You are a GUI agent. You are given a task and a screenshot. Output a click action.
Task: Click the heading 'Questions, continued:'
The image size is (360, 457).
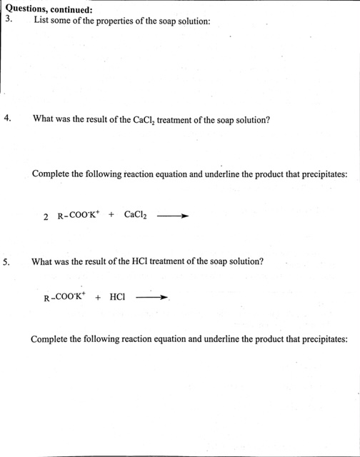tap(49, 9)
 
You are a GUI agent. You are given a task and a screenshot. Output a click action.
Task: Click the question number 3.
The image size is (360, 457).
tap(9, 20)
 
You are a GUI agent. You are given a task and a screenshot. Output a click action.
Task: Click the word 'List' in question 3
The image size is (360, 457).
tap(41, 21)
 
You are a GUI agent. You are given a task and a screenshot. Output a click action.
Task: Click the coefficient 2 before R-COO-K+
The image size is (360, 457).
tap(46, 216)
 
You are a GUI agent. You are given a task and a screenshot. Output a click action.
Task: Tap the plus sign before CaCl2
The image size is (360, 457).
tap(111, 214)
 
